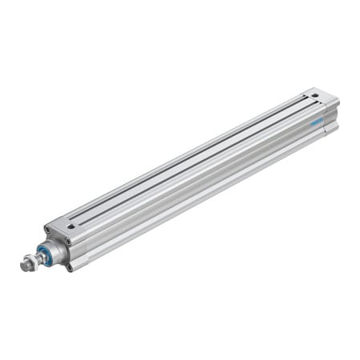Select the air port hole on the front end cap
coord(71,226)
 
